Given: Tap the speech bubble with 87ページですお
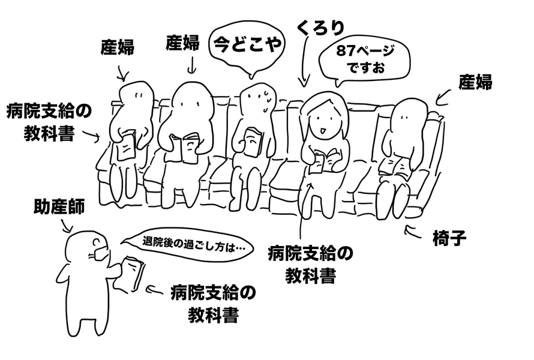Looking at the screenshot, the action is [364, 63].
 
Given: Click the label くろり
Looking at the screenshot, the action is [321, 28].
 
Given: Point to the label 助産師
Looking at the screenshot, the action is [59, 207].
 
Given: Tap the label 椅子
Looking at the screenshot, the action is [449, 238].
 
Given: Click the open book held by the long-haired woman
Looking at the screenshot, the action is [325, 160].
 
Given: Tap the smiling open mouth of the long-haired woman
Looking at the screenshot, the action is [322, 130].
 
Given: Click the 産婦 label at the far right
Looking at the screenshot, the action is [475, 82].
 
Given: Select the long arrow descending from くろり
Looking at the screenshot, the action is [304, 61].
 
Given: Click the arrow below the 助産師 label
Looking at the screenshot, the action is [67, 226].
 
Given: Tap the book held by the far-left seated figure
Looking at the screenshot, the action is [125, 146].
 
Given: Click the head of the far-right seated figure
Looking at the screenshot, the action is [409, 116].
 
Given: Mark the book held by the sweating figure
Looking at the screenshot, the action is [253, 142].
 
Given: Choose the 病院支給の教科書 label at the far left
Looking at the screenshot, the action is [49, 122].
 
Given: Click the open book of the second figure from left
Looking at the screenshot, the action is [186, 147].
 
